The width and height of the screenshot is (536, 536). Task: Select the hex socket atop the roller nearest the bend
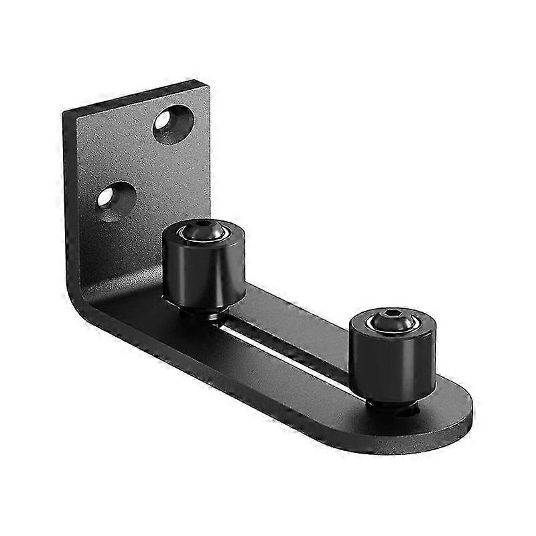(x=204, y=230)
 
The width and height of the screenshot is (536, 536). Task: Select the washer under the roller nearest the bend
(x=204, y=312)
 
